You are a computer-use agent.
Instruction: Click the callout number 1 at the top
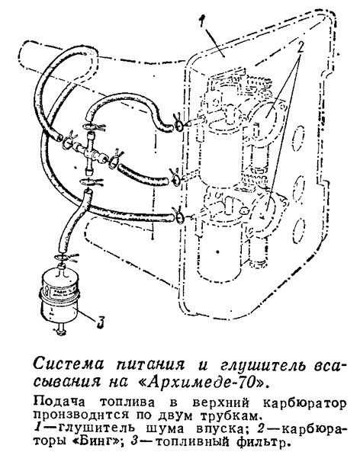pyautogui.click(x=203, y=21)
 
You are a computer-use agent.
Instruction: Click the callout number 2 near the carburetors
pyautogui.click(x=301, y=47)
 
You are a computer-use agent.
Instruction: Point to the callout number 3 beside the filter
pyautogui.click(x=100, y=322)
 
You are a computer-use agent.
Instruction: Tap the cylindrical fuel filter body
pyautogui.click(x=59, y=296)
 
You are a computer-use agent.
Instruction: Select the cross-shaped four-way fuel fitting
pyautogui.click(x=88, y=151)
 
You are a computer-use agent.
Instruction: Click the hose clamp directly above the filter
pyautogui.click(x=67, y=257)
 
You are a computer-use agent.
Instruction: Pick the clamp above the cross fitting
pyautogui.click(x=94, y=127)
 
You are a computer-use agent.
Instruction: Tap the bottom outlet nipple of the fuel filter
pyautogui.click(x=60, y=330)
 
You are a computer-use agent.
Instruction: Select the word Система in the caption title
pyautogui.click(x=69, y=364)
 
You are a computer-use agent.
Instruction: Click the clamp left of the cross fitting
pyautogui.click(x=69, y=139)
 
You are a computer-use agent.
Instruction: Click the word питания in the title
pyautogui.click(x=150, y=364)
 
